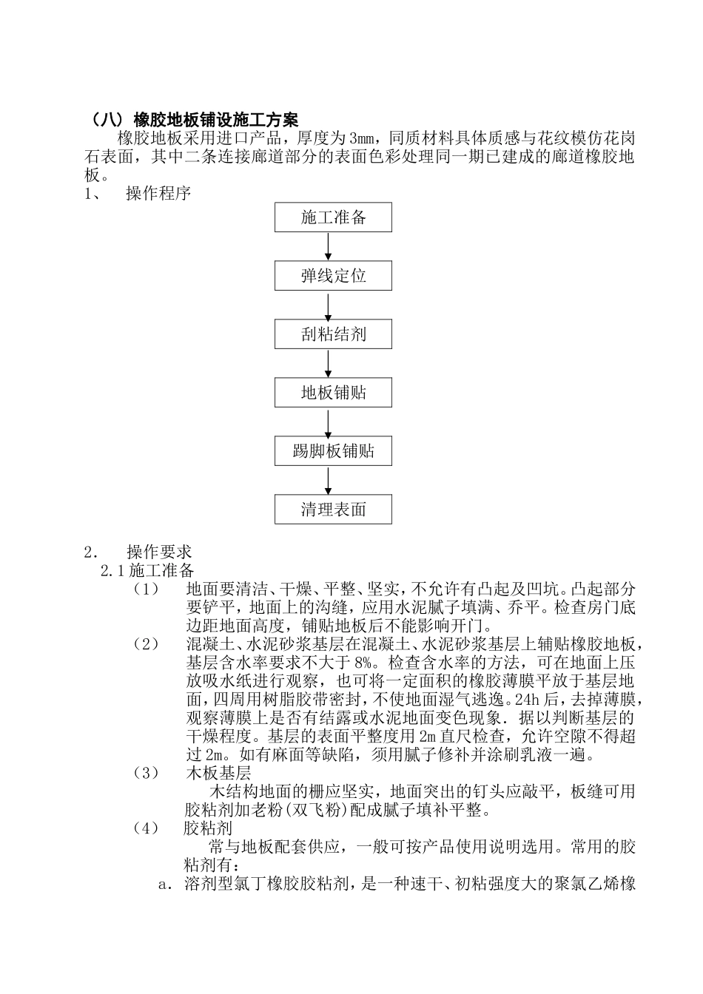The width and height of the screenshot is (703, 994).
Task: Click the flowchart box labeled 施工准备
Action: (x=333, y=217)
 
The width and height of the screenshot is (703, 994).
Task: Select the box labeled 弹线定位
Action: (x=333, y=276)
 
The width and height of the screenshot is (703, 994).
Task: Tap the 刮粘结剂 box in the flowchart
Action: (x=333, y=334)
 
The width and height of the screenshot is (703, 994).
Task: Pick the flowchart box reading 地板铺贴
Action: (x=333, y=392)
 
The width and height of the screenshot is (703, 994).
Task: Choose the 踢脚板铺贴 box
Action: (x=333, y=450)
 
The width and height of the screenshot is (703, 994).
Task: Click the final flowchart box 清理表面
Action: (x=333, y=509)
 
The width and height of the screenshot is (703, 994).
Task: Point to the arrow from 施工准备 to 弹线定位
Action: (x=329, y=247)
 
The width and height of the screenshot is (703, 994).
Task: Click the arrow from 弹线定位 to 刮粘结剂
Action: (x=329, y=305)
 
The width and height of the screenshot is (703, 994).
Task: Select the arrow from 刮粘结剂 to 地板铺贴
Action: (x=329, y=363)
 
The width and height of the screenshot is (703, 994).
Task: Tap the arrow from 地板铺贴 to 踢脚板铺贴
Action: (x=329, y=422)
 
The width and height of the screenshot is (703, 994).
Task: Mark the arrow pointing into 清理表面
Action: (x=329, y=480)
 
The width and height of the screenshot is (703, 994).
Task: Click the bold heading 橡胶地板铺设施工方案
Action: (x=215, y=119)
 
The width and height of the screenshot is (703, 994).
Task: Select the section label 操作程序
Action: (x=158, y=194)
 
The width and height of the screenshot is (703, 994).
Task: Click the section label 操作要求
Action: (x=158, y=552)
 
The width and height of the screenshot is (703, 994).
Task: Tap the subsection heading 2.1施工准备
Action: (x=148, y=570)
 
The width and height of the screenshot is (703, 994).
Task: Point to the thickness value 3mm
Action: (x=363, y=138)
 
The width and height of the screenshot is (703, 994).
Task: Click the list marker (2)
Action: (x=146, y=644)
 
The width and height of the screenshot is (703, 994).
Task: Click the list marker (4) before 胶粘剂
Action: (x=146, y=828)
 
